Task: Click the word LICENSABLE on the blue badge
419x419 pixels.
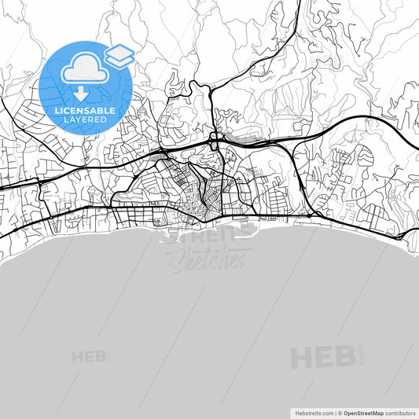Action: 85,112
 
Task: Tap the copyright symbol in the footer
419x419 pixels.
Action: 340,412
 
